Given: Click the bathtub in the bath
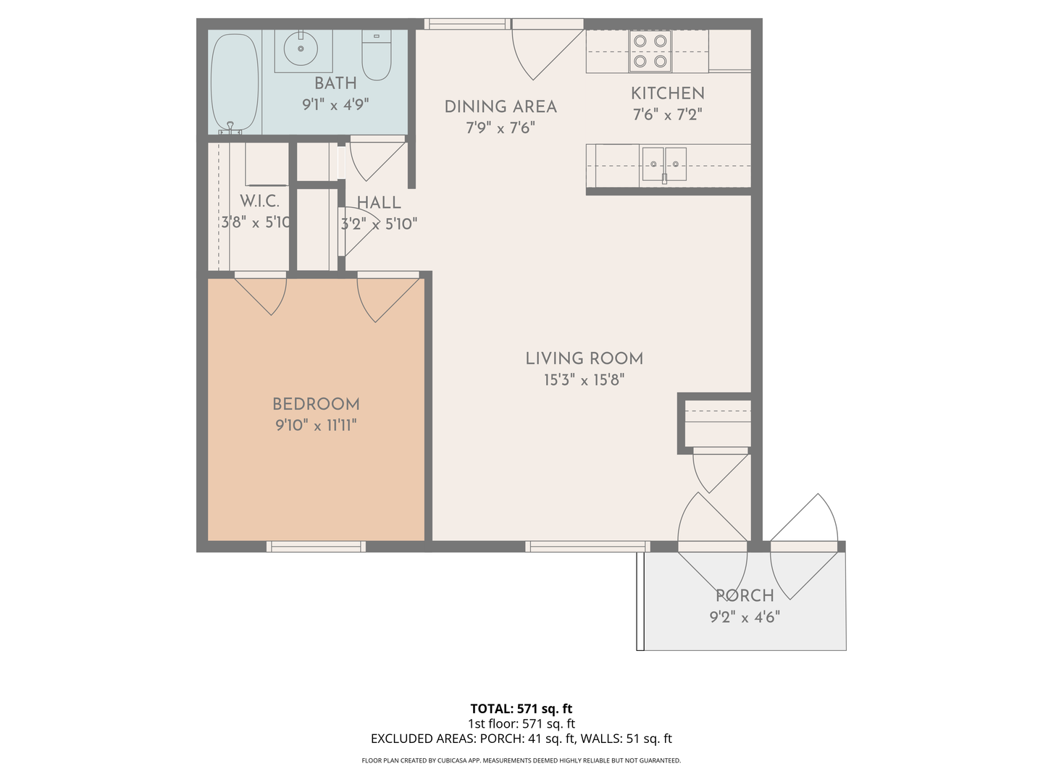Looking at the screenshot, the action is pos(235,83).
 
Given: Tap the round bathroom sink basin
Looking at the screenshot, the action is pos(301,49).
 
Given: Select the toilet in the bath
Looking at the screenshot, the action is pos(377,54).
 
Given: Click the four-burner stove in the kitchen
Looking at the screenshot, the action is pos(650,51).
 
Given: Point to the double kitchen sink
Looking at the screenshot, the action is pos(664,164).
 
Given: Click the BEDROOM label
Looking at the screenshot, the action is pos(316,405).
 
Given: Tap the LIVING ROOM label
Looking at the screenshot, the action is pos(584,358).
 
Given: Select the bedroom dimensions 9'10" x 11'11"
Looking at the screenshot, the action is pos(316,425).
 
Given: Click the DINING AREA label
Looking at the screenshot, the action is pos(500,107).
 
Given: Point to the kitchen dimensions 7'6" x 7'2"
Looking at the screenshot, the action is pos(667,114).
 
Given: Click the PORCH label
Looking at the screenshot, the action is pos(745,595).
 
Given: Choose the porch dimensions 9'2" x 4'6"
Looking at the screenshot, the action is pos(745,617).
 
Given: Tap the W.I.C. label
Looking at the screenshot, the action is pos(259,201).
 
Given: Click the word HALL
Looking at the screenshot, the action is pos(379,203).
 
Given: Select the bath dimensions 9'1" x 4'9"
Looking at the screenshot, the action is pos(335,104).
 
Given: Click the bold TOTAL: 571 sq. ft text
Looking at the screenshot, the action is pos(521,708).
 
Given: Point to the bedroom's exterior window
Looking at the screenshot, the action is pos(316,547).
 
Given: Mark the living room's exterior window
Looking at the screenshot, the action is pos(587,547).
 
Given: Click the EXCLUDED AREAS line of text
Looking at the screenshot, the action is pos(521,739).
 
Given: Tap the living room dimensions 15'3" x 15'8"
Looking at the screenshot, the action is pos(584,380).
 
